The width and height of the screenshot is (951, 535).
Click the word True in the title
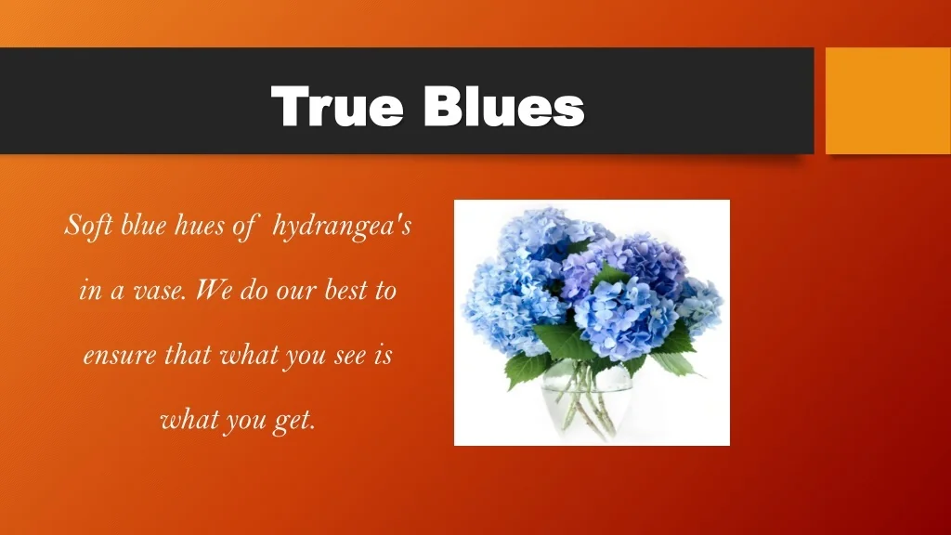coord(337,106)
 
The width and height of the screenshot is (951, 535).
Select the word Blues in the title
coord(504,106)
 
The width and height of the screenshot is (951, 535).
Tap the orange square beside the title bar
coord(888,100)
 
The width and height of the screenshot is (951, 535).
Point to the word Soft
coord(88,226)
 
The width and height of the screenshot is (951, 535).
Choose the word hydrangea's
coord(342,227)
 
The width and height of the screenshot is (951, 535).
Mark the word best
coord(345,290)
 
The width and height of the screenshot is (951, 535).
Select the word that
coord(188,354)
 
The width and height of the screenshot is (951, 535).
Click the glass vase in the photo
coord(587,400)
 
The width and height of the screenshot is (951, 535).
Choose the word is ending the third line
coord(383,354)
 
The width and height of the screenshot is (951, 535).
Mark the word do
coord(254,290)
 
